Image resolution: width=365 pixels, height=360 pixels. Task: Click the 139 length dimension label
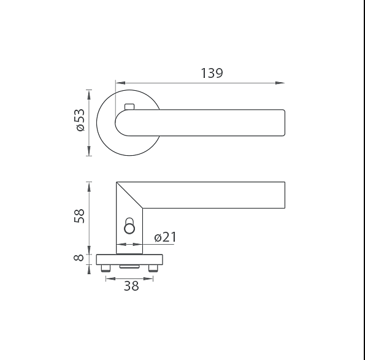pyautogui.click(x=212, y=73)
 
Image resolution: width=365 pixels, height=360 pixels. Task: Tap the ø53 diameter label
pyautogui.click(x=80, y=120)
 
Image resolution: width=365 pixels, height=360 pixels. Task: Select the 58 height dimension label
pyautogui.click(x=79, y=216)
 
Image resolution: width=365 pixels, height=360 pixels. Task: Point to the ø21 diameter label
pyautogui.click(x=165, y=237)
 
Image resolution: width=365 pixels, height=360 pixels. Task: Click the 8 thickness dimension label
pyautogui.click(x=79, y=258)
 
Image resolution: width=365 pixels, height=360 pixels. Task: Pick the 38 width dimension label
pyautogui.click(x=131, y=286)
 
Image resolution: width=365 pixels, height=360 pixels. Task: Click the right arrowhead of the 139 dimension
pyautogui.click(x=280, y=83)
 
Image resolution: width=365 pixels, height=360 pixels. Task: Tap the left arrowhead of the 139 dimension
pyautogui.click(x=121, y=83)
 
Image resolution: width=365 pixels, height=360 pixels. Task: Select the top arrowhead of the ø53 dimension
pyautogui.click(x=89, y=94)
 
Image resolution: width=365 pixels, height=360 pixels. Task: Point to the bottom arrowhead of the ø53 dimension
pyautogui.click(x=89, y=151)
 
